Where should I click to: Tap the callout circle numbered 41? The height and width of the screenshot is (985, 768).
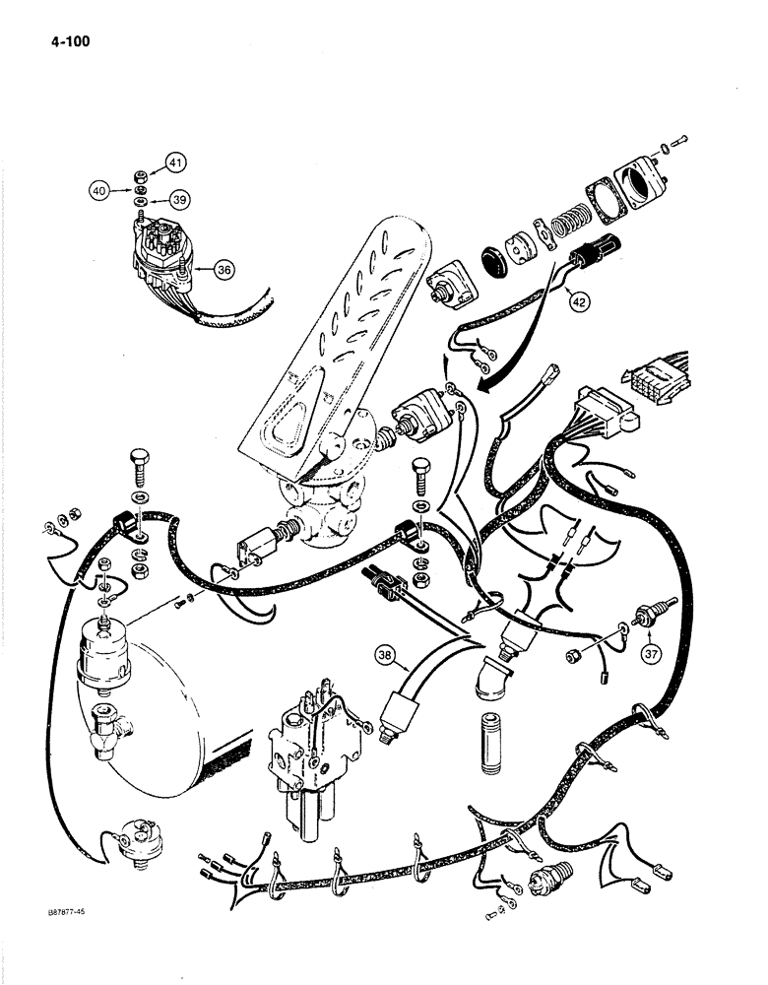[175, 162]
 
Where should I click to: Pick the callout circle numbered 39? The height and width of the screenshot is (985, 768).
[177, 199]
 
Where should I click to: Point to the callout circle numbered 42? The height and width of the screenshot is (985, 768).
[578, 302]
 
